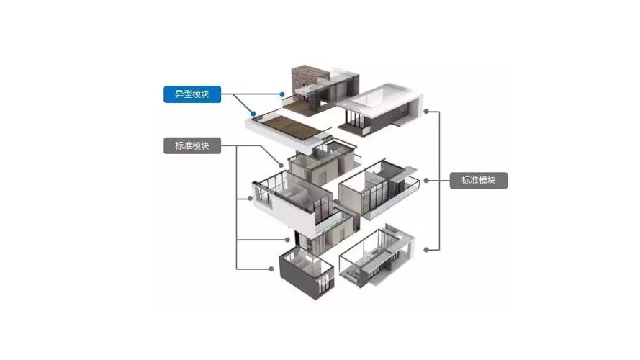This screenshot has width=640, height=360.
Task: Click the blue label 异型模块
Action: [192, 94]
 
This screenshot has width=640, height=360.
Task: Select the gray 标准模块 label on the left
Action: [191, 146]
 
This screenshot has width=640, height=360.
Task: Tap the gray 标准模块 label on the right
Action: [479, 180]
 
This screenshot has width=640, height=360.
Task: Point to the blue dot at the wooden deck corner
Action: [252, 113]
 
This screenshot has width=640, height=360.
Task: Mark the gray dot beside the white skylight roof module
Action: [427, 112]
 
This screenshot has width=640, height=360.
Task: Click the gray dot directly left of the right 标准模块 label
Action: [427, 180]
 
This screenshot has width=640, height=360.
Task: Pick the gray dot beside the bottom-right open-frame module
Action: [427, 249]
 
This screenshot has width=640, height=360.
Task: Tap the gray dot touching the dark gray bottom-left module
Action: [281, 269]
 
